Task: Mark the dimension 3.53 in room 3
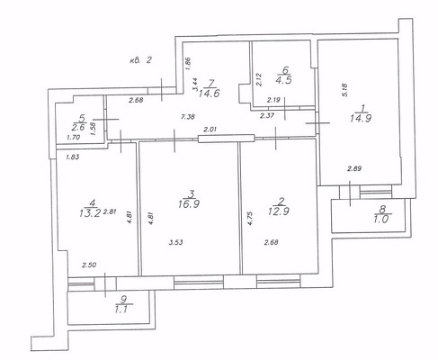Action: click(177, 242)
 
